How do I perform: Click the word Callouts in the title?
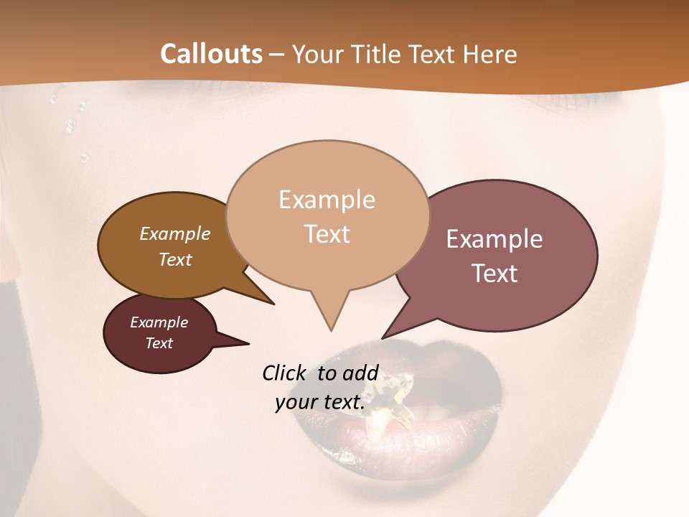coord(211,54)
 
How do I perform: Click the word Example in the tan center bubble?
coord(327,200)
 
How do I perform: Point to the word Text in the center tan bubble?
coord(327,234)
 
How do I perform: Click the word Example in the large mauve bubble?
coord(495,239)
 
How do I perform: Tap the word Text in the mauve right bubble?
coord(495,273)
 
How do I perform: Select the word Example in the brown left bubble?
coord(174,233)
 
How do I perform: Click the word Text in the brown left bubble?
coord(174,259)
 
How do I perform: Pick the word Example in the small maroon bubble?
coord(159,322)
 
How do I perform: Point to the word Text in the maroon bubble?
coord(159,343)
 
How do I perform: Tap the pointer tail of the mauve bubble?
coord(388,333)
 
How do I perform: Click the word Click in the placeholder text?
coord(285,373)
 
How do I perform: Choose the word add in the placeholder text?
coord(361,373)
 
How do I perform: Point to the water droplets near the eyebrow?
coord(70,126)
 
